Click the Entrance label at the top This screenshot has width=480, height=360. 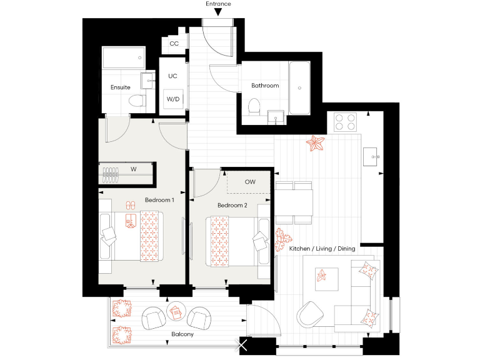pyautogui.click(x=218, y=4)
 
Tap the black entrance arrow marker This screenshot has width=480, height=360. pyautogui.click(x=217, y=12)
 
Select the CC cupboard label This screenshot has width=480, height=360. pyautogui.click(x=174, y=44)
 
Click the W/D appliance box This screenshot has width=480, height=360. pyautogui.click(x=173, y=99)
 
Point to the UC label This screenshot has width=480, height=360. pyautogui.click(x=173, y=76)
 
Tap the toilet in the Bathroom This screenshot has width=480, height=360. pyautogui.click(x=254, y=106)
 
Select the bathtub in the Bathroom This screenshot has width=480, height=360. pyautogui.click(x=299, y=87)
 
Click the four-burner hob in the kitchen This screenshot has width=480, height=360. pyautogui.click(x=345, y=121)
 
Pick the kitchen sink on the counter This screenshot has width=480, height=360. pyautogui.click(x=372, y=155)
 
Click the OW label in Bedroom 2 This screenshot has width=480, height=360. pyautogui.click(x=250, y=182)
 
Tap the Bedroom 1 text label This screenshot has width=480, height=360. pyautogui.click(x=159, y=200)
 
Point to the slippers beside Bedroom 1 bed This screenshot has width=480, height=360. pyautogui.click(x=131, y=205)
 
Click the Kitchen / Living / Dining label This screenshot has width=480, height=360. pyautogui.click(x=322, y=249)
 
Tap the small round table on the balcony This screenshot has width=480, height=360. pyautogui.click(x=176, y=311)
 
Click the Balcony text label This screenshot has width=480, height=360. pyautogui.click(x=182, y=334)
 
